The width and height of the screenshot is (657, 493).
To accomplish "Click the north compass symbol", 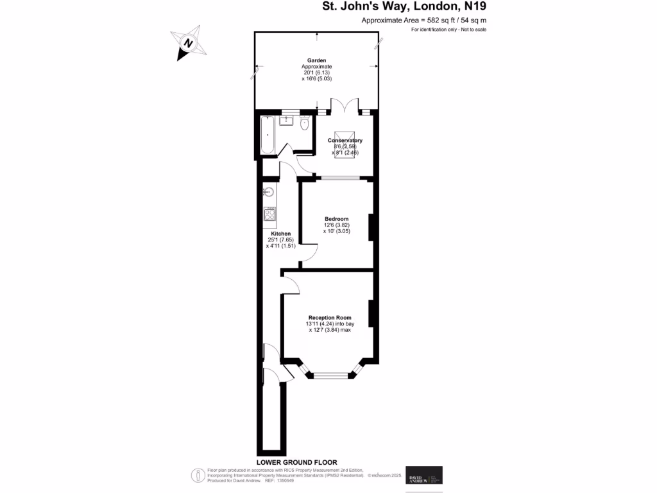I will (187, 44).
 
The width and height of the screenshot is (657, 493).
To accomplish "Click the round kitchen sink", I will (268, 191).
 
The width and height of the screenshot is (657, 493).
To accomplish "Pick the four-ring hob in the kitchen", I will (270, 215).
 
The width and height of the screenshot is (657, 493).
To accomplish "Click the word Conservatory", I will (345, 141).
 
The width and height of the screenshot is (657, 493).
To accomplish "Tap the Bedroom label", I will (336, 219).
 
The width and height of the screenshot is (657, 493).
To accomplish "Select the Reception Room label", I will (330, 318).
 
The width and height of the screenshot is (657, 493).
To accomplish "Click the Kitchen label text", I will (280, 234).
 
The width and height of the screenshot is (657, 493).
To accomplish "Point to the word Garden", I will (316, 60).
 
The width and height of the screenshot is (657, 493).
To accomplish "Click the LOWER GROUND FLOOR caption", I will (296, 462).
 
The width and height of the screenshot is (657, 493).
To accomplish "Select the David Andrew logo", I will (424, 478).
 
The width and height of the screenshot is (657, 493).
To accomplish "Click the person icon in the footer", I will (199, 475).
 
